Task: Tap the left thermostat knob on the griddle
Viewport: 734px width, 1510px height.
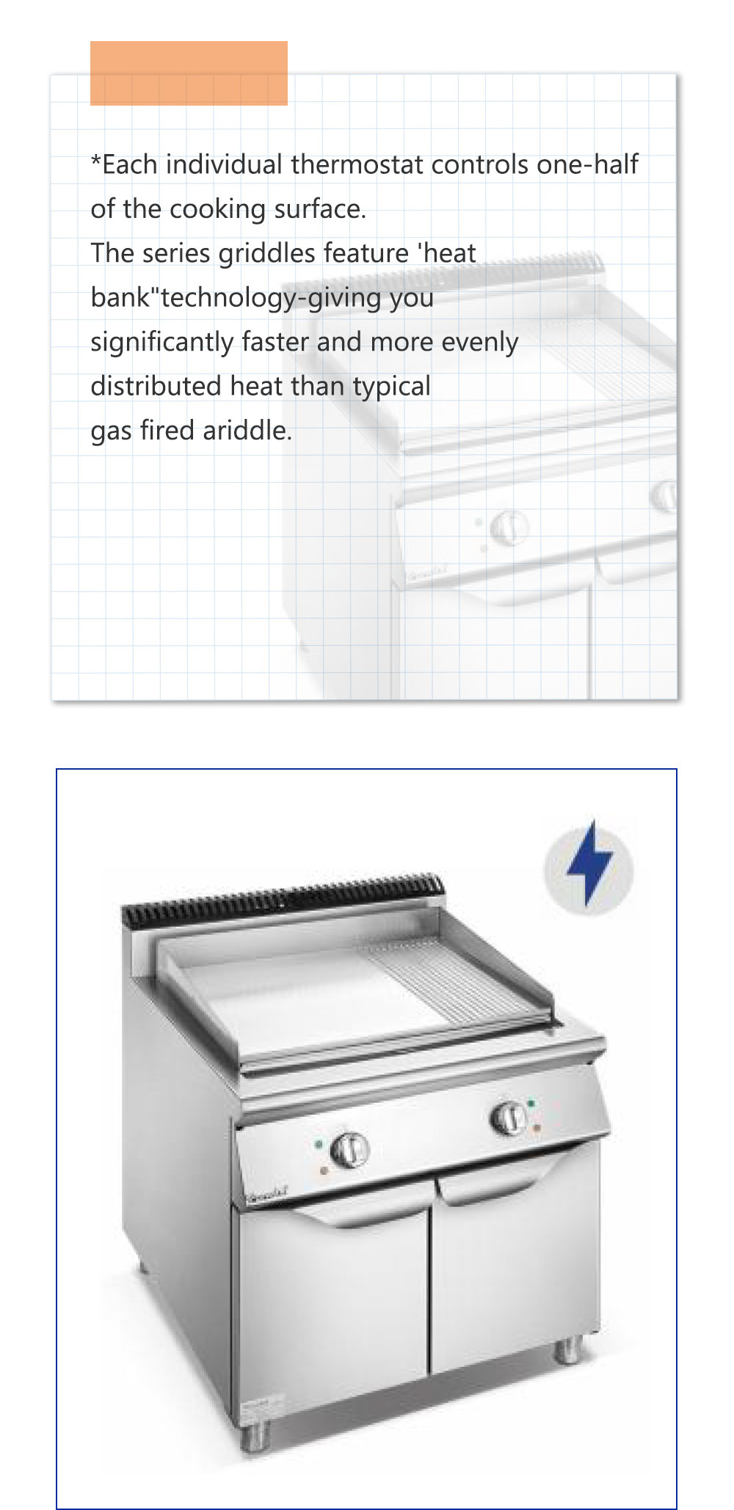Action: pyautogui.click(x=349, y=1148)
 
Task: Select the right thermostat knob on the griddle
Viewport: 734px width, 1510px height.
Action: pyautogui.click(x=508, y=1116)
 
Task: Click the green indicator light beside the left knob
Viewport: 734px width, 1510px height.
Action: pyautogui.click(x=319, y=1143)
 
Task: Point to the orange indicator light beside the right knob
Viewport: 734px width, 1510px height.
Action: pyautogui.click(x=537, y=1127)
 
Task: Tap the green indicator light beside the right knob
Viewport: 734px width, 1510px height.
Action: pyautogui.click(x=531, y=1103)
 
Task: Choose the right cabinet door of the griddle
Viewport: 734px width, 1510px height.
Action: pyautogui.click(x=514, y=1262)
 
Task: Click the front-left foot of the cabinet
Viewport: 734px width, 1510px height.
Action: pyautogui.click(x=255, y=1435)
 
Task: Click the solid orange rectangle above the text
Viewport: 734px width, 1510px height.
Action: pyautogui.click(x=189, y=73)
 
